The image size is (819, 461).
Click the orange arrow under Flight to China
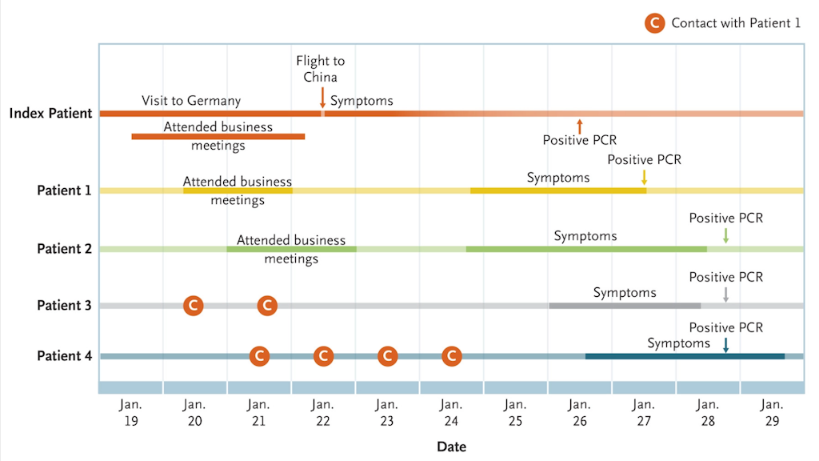(322, 98)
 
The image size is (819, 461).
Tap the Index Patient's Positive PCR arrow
(579, 126)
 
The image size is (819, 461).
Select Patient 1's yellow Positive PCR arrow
(644, 177)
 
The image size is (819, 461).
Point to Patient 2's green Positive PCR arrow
(725, 236)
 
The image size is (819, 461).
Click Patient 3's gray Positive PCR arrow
(725, 295)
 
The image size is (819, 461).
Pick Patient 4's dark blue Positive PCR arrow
(725, 345)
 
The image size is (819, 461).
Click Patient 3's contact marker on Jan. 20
(194, 305)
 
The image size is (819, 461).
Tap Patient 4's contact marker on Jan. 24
(452, 356)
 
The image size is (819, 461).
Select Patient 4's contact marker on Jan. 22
(323, 356)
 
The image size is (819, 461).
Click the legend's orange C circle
(654, 23)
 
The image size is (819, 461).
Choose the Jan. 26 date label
(579, 412)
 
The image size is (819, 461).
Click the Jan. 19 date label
(130, 412)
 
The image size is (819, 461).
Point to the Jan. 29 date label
(772, 412)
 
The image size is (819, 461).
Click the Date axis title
(451, 447)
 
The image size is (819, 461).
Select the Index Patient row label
(50, 113)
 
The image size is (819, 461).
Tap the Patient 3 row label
(64, 305)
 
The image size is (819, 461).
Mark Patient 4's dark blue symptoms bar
(685, 356)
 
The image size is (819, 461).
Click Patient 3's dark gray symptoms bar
(625, 306)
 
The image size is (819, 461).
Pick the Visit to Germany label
(191, 100)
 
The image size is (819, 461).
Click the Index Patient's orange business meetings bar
(218, 136)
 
